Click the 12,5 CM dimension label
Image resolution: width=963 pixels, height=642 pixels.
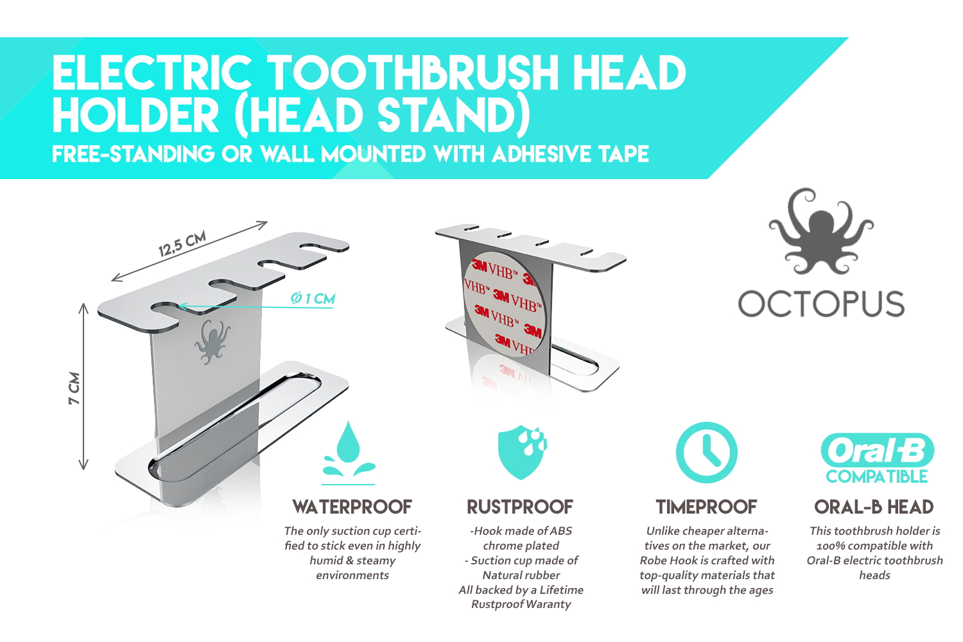point(182,243)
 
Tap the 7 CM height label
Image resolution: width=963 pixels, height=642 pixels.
point(74,388)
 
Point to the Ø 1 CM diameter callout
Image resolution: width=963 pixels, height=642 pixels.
point(313,298)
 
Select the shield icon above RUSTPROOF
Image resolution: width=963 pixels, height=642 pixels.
point(521,452)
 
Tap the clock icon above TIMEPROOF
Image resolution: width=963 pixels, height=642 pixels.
point(706,453)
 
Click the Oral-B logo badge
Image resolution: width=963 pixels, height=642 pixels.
point(877,451)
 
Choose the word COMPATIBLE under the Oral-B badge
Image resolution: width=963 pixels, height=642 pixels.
point(876,476)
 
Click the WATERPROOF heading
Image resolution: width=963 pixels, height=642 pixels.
point(352,507)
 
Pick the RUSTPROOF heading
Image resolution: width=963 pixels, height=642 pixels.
point(520,507)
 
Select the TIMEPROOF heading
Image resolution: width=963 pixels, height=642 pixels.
point(706,507)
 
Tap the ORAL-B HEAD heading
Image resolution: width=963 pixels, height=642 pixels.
point(874,507)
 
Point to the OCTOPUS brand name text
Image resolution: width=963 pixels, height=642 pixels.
point(821,304)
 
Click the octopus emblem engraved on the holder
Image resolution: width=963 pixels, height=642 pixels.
point(212,342)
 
